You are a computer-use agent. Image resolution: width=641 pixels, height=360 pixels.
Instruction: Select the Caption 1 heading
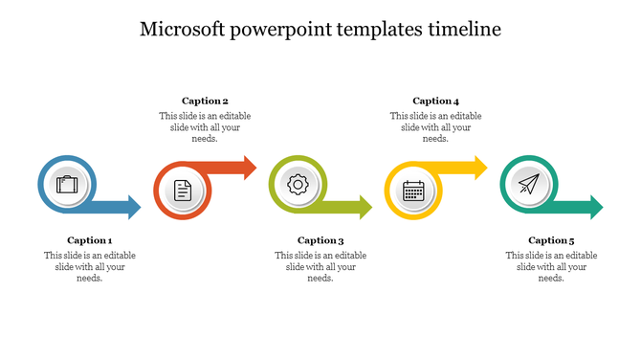tap(90, 240)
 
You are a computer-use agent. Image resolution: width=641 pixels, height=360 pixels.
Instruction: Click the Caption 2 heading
tap(205, 101)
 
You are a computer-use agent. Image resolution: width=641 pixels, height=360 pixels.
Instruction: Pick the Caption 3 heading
tap(320, 240)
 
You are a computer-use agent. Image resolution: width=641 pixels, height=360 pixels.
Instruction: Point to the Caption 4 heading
tap(435, 101)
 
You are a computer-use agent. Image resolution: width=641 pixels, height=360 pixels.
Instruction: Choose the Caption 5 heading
tap(551, 240)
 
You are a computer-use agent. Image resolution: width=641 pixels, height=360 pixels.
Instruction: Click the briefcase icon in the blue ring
tap(67, 184)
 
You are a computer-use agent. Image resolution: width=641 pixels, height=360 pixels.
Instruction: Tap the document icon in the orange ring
tap(183, 191)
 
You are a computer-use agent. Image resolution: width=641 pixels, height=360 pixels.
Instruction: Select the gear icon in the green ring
tap(298, 184)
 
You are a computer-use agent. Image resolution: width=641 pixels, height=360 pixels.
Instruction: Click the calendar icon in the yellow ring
tap(413, 191)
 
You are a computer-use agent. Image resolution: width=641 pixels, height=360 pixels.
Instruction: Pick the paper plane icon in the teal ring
tap(528, 184)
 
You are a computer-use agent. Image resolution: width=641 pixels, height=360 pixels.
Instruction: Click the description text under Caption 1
tap(90, 266)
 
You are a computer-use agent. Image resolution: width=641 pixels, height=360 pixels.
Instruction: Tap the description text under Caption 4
tap(435, 126)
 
